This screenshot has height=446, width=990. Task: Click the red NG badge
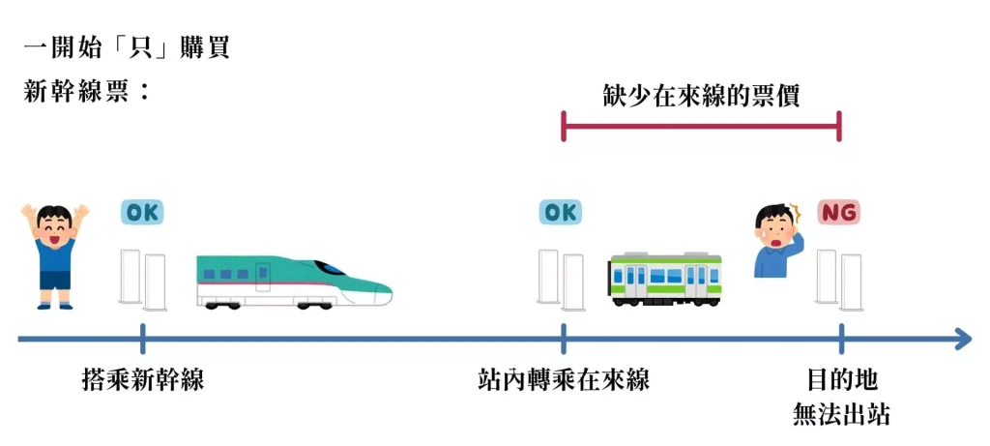(x=839, y=212)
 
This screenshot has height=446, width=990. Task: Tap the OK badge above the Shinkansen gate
(x=142, y=212)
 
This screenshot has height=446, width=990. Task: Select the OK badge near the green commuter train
(x=562, y=212)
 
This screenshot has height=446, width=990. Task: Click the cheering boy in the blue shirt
(x=55, y=254)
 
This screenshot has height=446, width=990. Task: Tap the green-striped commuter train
(x=666, y=280)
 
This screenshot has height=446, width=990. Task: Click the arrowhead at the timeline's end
(x=963, y=339)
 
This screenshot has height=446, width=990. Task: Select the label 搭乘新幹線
(x=143, y=380)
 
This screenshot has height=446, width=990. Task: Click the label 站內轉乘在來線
(x=564, y=380)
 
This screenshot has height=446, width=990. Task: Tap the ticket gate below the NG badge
(x=838, y=280)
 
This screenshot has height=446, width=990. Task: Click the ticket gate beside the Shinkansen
(x=142, y=280)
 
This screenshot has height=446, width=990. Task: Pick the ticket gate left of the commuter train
(x=562, y=280)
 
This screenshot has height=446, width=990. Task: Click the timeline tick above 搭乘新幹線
(x=142, y=339)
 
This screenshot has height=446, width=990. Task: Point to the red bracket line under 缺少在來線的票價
(x=701, y=126)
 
